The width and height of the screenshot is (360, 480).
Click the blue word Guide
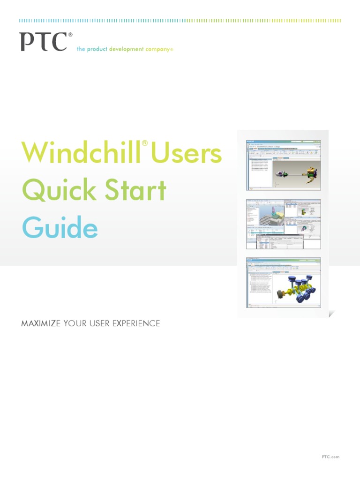[x=60, y=228]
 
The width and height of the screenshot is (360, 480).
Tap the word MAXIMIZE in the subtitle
[x=41, y=323]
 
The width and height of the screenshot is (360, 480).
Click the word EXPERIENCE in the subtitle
[x=135, y=323]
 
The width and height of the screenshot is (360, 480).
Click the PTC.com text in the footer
[x=330, y=457]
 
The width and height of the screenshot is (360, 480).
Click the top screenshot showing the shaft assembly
[x=284, y=165]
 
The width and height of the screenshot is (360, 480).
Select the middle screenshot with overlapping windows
[x=284, y=224]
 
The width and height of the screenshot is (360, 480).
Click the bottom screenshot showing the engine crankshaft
[x=284, y=282]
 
